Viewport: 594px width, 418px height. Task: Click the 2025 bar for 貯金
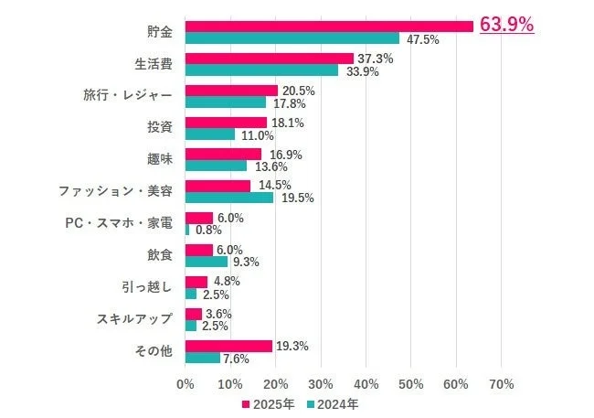(x=329, y=26)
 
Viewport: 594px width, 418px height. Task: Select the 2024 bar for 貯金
(x=292, y=38)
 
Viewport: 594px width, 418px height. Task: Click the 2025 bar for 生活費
(x=270, y=59)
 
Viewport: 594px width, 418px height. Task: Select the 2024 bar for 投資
(x=210, y=134)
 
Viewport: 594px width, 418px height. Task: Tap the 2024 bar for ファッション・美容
(x=229, y=198)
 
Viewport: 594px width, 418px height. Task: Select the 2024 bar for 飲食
(x=207, y=262)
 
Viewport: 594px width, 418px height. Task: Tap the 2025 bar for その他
(x=228, y=346)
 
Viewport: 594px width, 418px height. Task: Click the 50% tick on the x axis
(x=410, y=383)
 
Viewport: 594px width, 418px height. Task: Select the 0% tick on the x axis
(x=186, y=383)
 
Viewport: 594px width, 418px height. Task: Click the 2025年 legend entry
(x=269, y=403)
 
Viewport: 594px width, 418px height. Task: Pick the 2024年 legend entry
(x=332, y=403)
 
